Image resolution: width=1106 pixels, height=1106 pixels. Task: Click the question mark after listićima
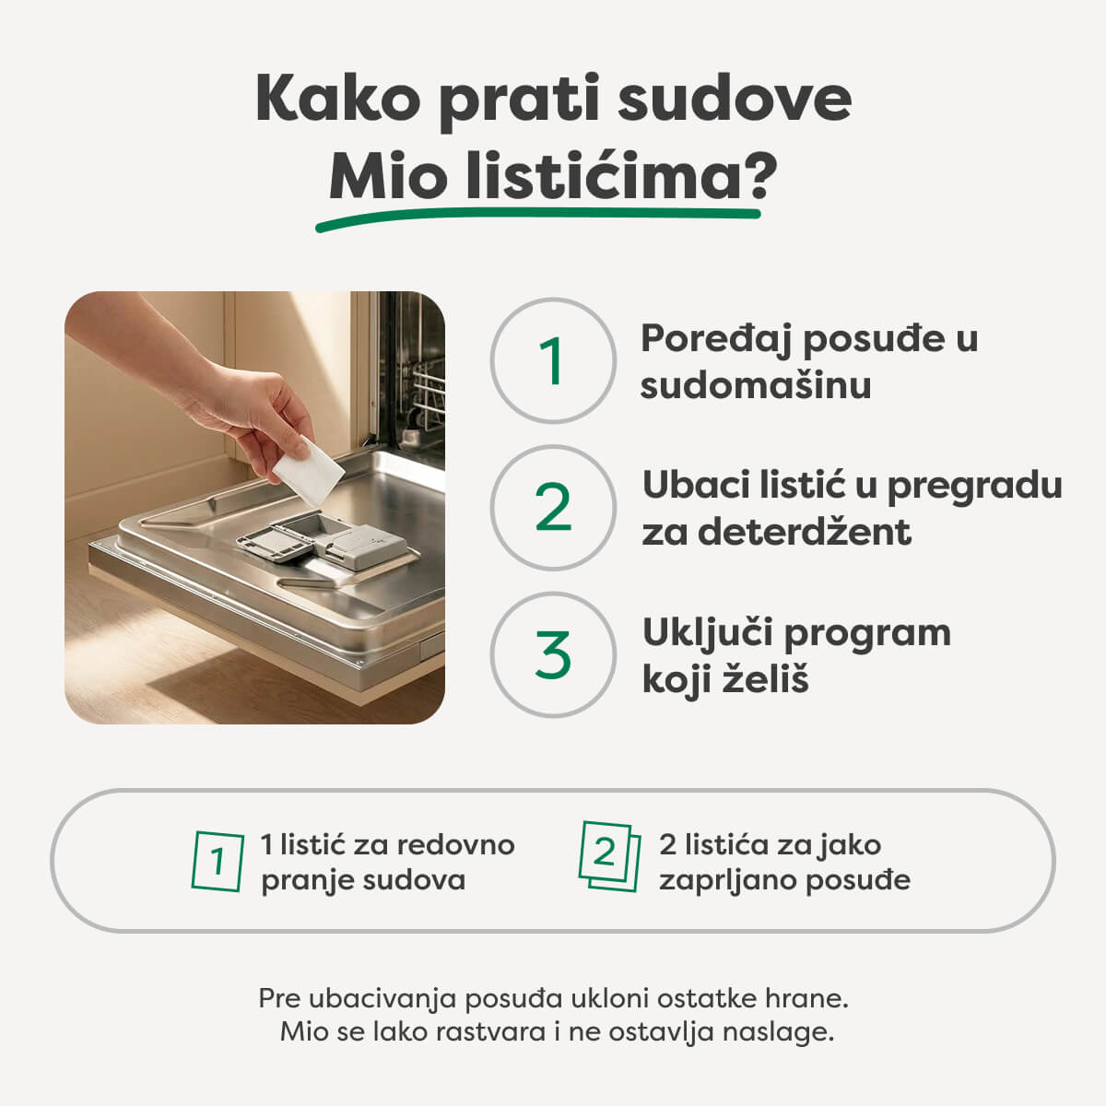pos(761,175)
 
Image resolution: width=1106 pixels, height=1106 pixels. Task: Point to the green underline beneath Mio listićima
pos(539,217)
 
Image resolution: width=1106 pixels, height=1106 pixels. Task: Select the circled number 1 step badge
pos(552,361)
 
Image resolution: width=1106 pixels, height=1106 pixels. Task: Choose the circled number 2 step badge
pos(552,508)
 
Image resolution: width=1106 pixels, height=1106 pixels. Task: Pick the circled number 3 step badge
pos(552,654)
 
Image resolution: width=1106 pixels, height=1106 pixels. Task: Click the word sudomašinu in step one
pos(756,385)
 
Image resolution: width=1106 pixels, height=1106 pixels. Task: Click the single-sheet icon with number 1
pos(218,862)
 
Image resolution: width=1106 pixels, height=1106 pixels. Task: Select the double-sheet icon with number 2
pos(608,856)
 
